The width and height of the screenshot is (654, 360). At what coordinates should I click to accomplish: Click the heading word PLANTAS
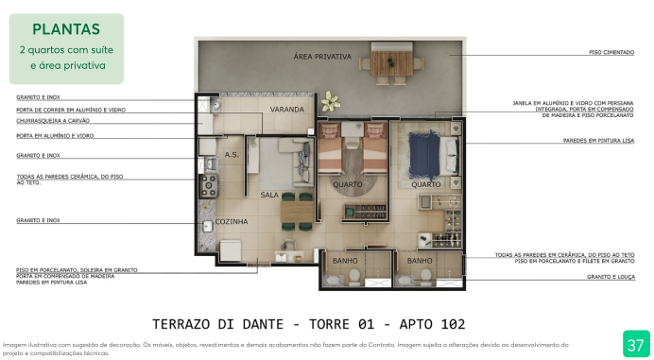(x=66, y=29)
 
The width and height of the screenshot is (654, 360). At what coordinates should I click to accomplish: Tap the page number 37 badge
(x=635, y=342)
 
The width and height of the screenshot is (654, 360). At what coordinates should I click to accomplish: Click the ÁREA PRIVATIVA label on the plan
(x=322, y=57)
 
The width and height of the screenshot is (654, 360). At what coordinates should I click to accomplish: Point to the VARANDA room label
(x=287, y=110)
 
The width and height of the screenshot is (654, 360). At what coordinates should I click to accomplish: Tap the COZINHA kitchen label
(x=232, y=222)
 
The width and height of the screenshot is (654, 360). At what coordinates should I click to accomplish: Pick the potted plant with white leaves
(x=330, y=100)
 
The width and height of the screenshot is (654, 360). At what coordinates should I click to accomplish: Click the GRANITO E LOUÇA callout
(x=610, y=277)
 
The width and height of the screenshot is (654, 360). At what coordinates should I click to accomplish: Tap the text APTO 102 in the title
(x=420, y=323)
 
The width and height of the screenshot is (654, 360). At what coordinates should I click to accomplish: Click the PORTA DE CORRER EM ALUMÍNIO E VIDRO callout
(x=71, y=110)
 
